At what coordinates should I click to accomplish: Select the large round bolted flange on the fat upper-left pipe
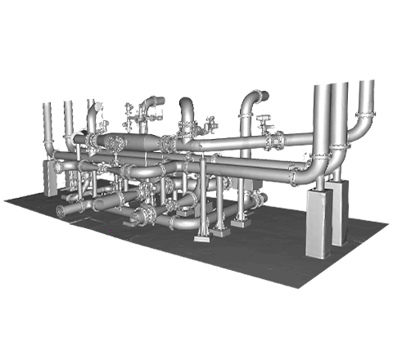click(112, 142)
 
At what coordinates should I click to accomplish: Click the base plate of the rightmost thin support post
click(239, 221)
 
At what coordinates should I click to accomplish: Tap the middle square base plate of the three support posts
click(219, 232)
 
